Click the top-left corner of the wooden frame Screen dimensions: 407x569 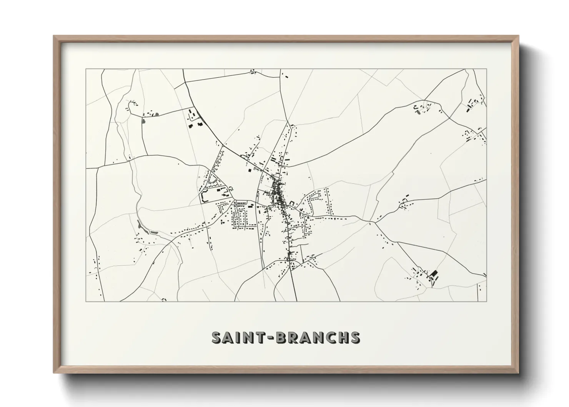[x=54, y=36]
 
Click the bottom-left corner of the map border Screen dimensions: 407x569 [x=86, y=301]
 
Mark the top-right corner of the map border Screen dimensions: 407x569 [x=486, y=69]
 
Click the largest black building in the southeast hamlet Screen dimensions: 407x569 [x=434, y=274]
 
